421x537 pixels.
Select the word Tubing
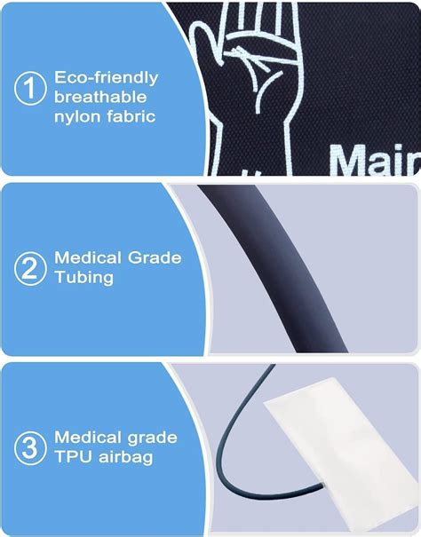point(83,277)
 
